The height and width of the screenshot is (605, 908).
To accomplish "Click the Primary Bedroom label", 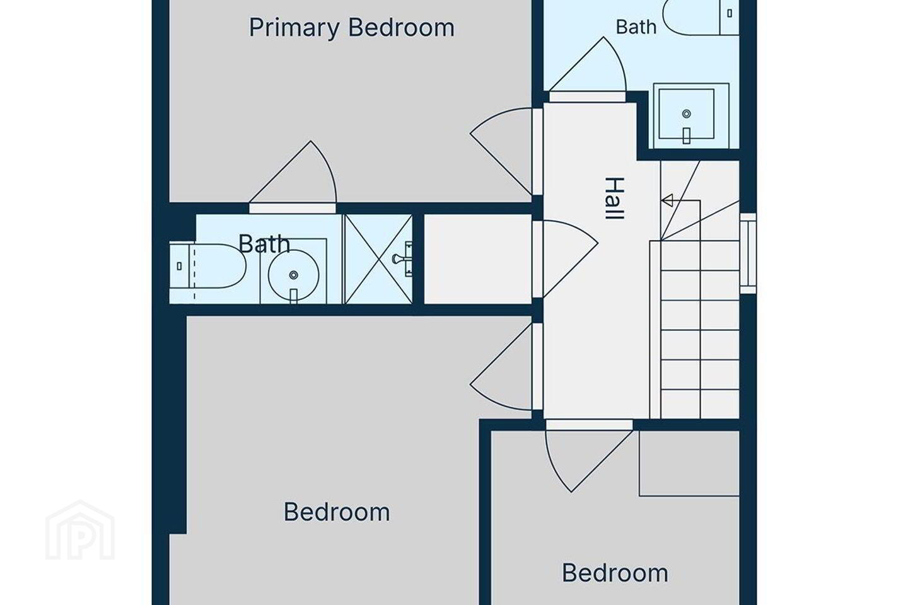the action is click(351, 28).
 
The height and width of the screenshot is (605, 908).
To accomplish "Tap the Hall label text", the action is click(614, 199).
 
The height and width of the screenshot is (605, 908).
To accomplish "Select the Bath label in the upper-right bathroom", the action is click(636, 27).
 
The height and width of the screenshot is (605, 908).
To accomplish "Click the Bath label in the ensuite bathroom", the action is click(264, 243).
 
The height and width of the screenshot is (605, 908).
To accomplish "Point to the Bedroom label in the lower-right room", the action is click(615, 573).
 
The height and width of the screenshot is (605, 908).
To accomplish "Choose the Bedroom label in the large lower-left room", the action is click(337, 512).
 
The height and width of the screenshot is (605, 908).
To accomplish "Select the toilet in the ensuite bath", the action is click(207, 266).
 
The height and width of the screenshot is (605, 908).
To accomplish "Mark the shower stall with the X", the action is click(378, 259).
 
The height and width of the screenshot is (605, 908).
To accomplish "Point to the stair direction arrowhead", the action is click(666, 200).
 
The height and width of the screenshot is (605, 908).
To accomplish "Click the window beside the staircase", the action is click(748, 253).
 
